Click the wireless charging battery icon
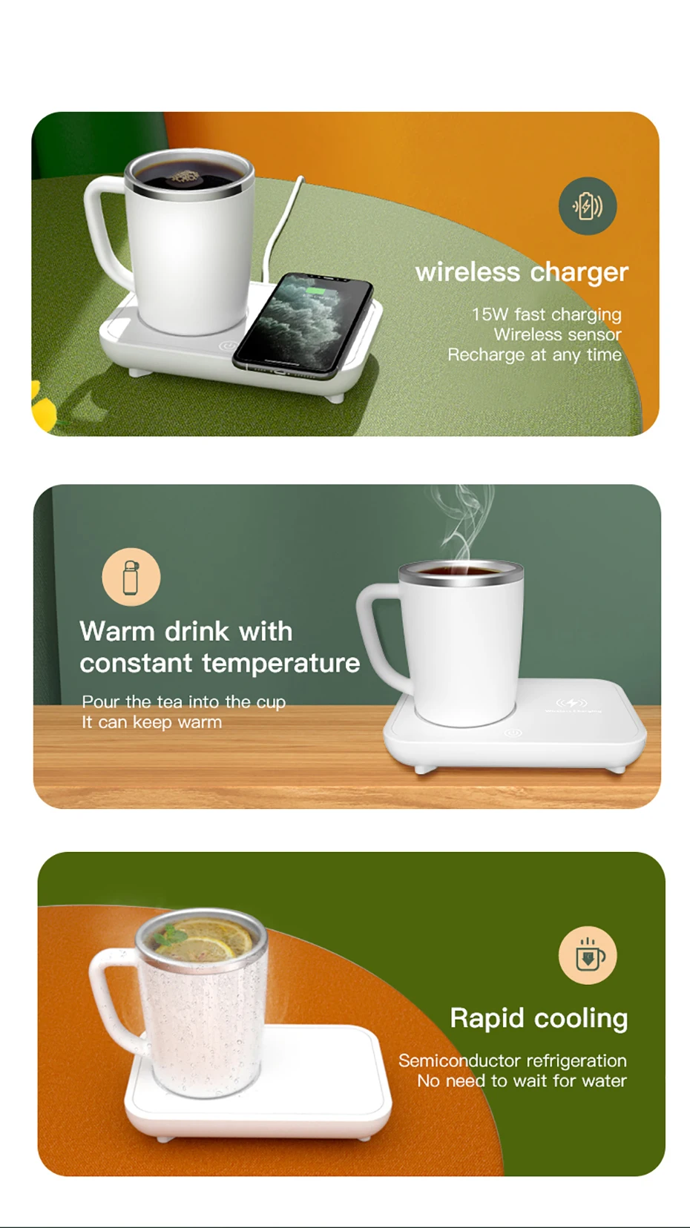point(588,206)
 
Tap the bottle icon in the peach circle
point(131,577)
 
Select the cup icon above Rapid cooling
point(588,956)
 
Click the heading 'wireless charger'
point(522,273)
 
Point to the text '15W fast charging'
point(546,314)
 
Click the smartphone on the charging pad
point(303,326)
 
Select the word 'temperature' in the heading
point(281,664)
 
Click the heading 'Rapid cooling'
point(539,1019)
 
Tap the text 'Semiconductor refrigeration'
point(512,1061)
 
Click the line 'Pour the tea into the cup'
point(184,702)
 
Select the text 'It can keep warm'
point(152,722)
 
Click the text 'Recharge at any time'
point(534,355)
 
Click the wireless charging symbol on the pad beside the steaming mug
point(572,702)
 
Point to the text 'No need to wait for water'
point(522,1081)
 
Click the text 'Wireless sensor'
point(558,334)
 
